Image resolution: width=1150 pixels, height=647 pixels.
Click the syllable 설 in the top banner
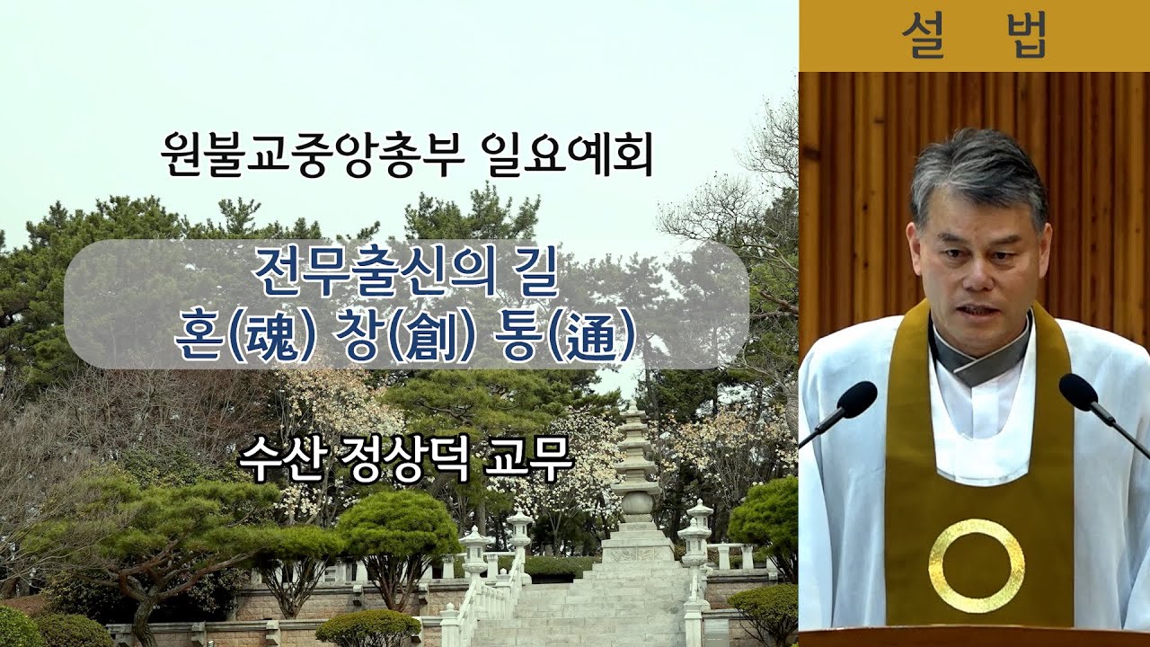[927, 36]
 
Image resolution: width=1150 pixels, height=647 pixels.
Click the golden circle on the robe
[976, 565]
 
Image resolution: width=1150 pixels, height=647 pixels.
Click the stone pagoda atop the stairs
[636, 476]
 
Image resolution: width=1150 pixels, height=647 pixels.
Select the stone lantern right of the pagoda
[696, 539]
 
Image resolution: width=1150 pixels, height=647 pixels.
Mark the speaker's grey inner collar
[979, 360]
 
